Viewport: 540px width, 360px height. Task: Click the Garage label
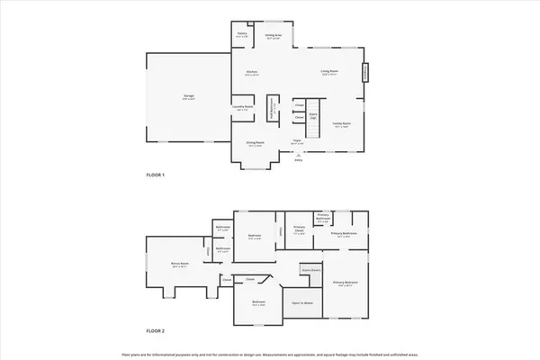(189, 95)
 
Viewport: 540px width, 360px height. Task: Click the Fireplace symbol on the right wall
(365, 71)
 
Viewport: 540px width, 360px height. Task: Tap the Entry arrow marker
(299, 154)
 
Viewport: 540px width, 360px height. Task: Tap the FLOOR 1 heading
(157, 175)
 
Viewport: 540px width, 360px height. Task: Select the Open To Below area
(301, 302)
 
